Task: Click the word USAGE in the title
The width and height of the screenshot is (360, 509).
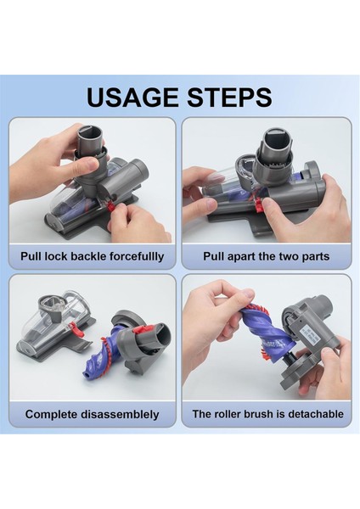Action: click(133, 97)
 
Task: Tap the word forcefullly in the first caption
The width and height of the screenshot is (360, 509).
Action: click(137, 256)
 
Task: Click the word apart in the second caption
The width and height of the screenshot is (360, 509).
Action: click(241, 256)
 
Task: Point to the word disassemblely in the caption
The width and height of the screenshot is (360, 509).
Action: click(120, 415)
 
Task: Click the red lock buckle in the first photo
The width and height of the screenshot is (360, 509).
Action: click(110, 206)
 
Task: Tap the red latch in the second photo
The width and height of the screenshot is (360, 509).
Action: click(259, 204)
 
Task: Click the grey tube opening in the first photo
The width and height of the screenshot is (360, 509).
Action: click(89, 133)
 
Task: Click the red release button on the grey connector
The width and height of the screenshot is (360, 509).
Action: click(142, 330)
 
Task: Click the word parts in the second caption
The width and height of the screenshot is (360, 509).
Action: click(316, 257)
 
